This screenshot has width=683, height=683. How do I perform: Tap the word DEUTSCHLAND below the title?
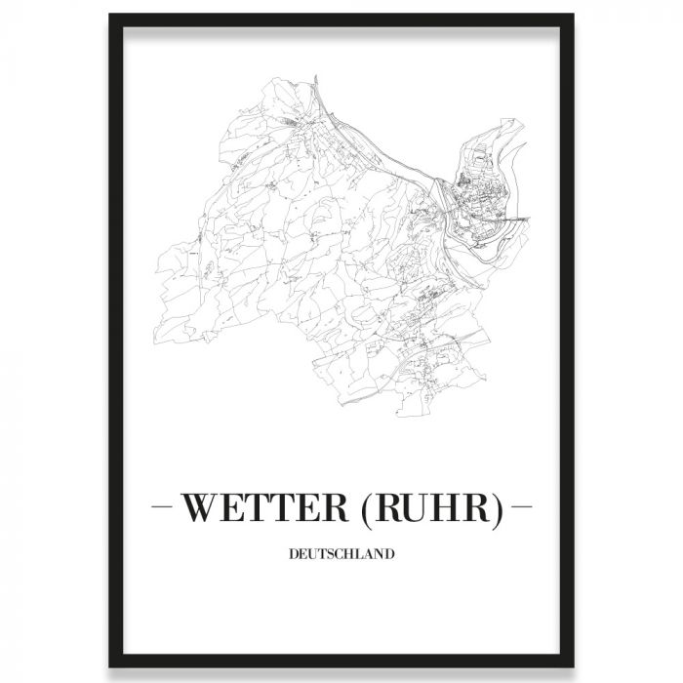[341, 555]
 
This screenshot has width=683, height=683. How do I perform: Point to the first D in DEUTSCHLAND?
[294, 555]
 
